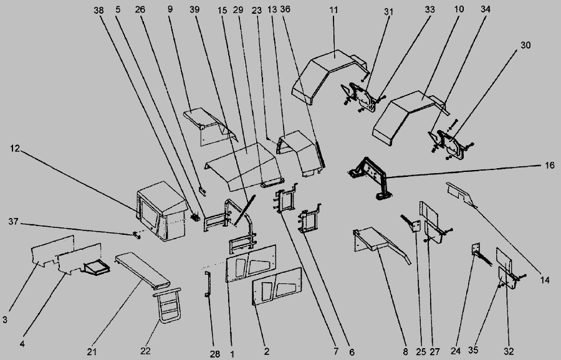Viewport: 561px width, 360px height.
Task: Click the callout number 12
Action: (14, 148)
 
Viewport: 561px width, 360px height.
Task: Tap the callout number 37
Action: (13, 222)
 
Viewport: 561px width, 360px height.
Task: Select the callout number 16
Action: (550, 166)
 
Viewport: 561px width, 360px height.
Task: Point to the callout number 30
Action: (525, 45)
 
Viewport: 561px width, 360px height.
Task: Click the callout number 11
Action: (333, 9)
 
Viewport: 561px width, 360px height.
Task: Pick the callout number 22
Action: (145, 351)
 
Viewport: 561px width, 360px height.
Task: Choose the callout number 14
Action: (544, 280)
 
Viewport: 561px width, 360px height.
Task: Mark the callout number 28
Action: (214, 354)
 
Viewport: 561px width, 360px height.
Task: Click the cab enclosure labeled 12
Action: (162, 211)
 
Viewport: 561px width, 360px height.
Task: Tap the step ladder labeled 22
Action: (166, 305)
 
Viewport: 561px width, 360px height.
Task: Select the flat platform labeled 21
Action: (143, 271)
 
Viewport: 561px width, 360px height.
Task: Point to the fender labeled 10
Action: (408, 116)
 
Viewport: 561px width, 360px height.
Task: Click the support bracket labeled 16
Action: (370, 177)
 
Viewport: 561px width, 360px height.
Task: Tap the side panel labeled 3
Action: (52, 250)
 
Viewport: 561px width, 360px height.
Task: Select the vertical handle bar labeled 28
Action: (208, 284)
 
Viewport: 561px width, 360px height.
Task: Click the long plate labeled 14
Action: (461, 195)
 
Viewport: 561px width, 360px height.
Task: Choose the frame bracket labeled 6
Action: (309, 219)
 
